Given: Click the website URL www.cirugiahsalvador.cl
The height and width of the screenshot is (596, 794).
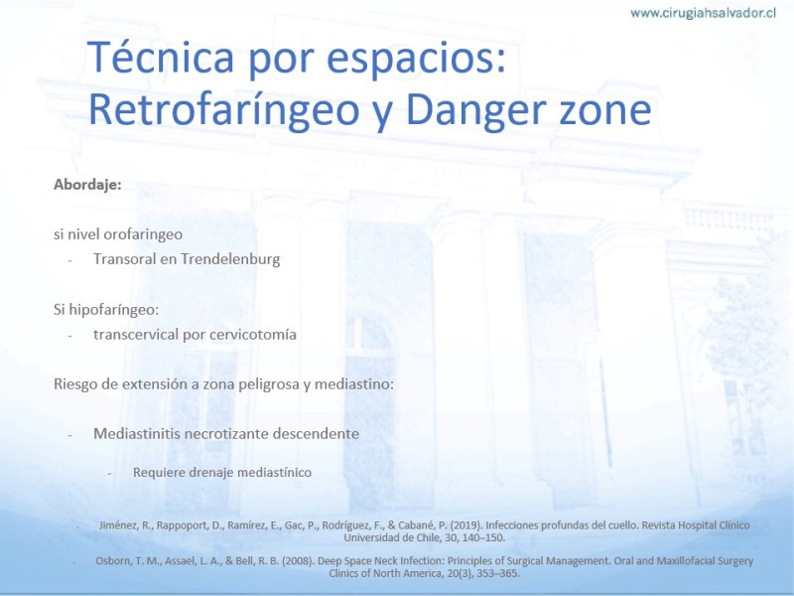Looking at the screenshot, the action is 703,13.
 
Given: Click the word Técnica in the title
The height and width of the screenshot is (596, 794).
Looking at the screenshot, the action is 161,58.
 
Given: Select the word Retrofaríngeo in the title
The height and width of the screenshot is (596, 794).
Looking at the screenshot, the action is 224,110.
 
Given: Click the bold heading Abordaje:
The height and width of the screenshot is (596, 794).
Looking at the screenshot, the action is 87,184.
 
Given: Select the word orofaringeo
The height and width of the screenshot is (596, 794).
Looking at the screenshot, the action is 143,234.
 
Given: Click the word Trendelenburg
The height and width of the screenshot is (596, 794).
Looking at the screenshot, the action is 230,259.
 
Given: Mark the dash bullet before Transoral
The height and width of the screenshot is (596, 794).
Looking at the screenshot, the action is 69,260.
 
